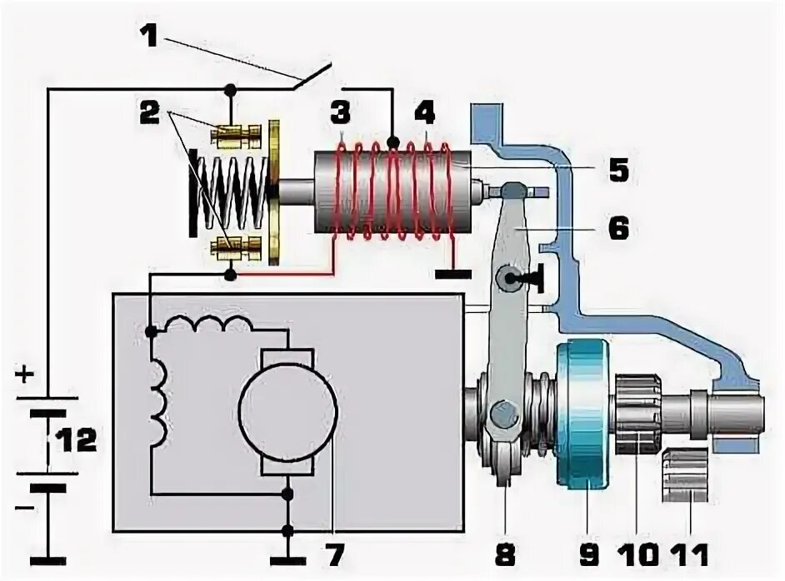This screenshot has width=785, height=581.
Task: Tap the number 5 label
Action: point(618,171)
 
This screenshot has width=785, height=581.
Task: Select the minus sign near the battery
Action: point(23,505)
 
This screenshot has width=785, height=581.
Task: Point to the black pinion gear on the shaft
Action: point(638,414)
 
